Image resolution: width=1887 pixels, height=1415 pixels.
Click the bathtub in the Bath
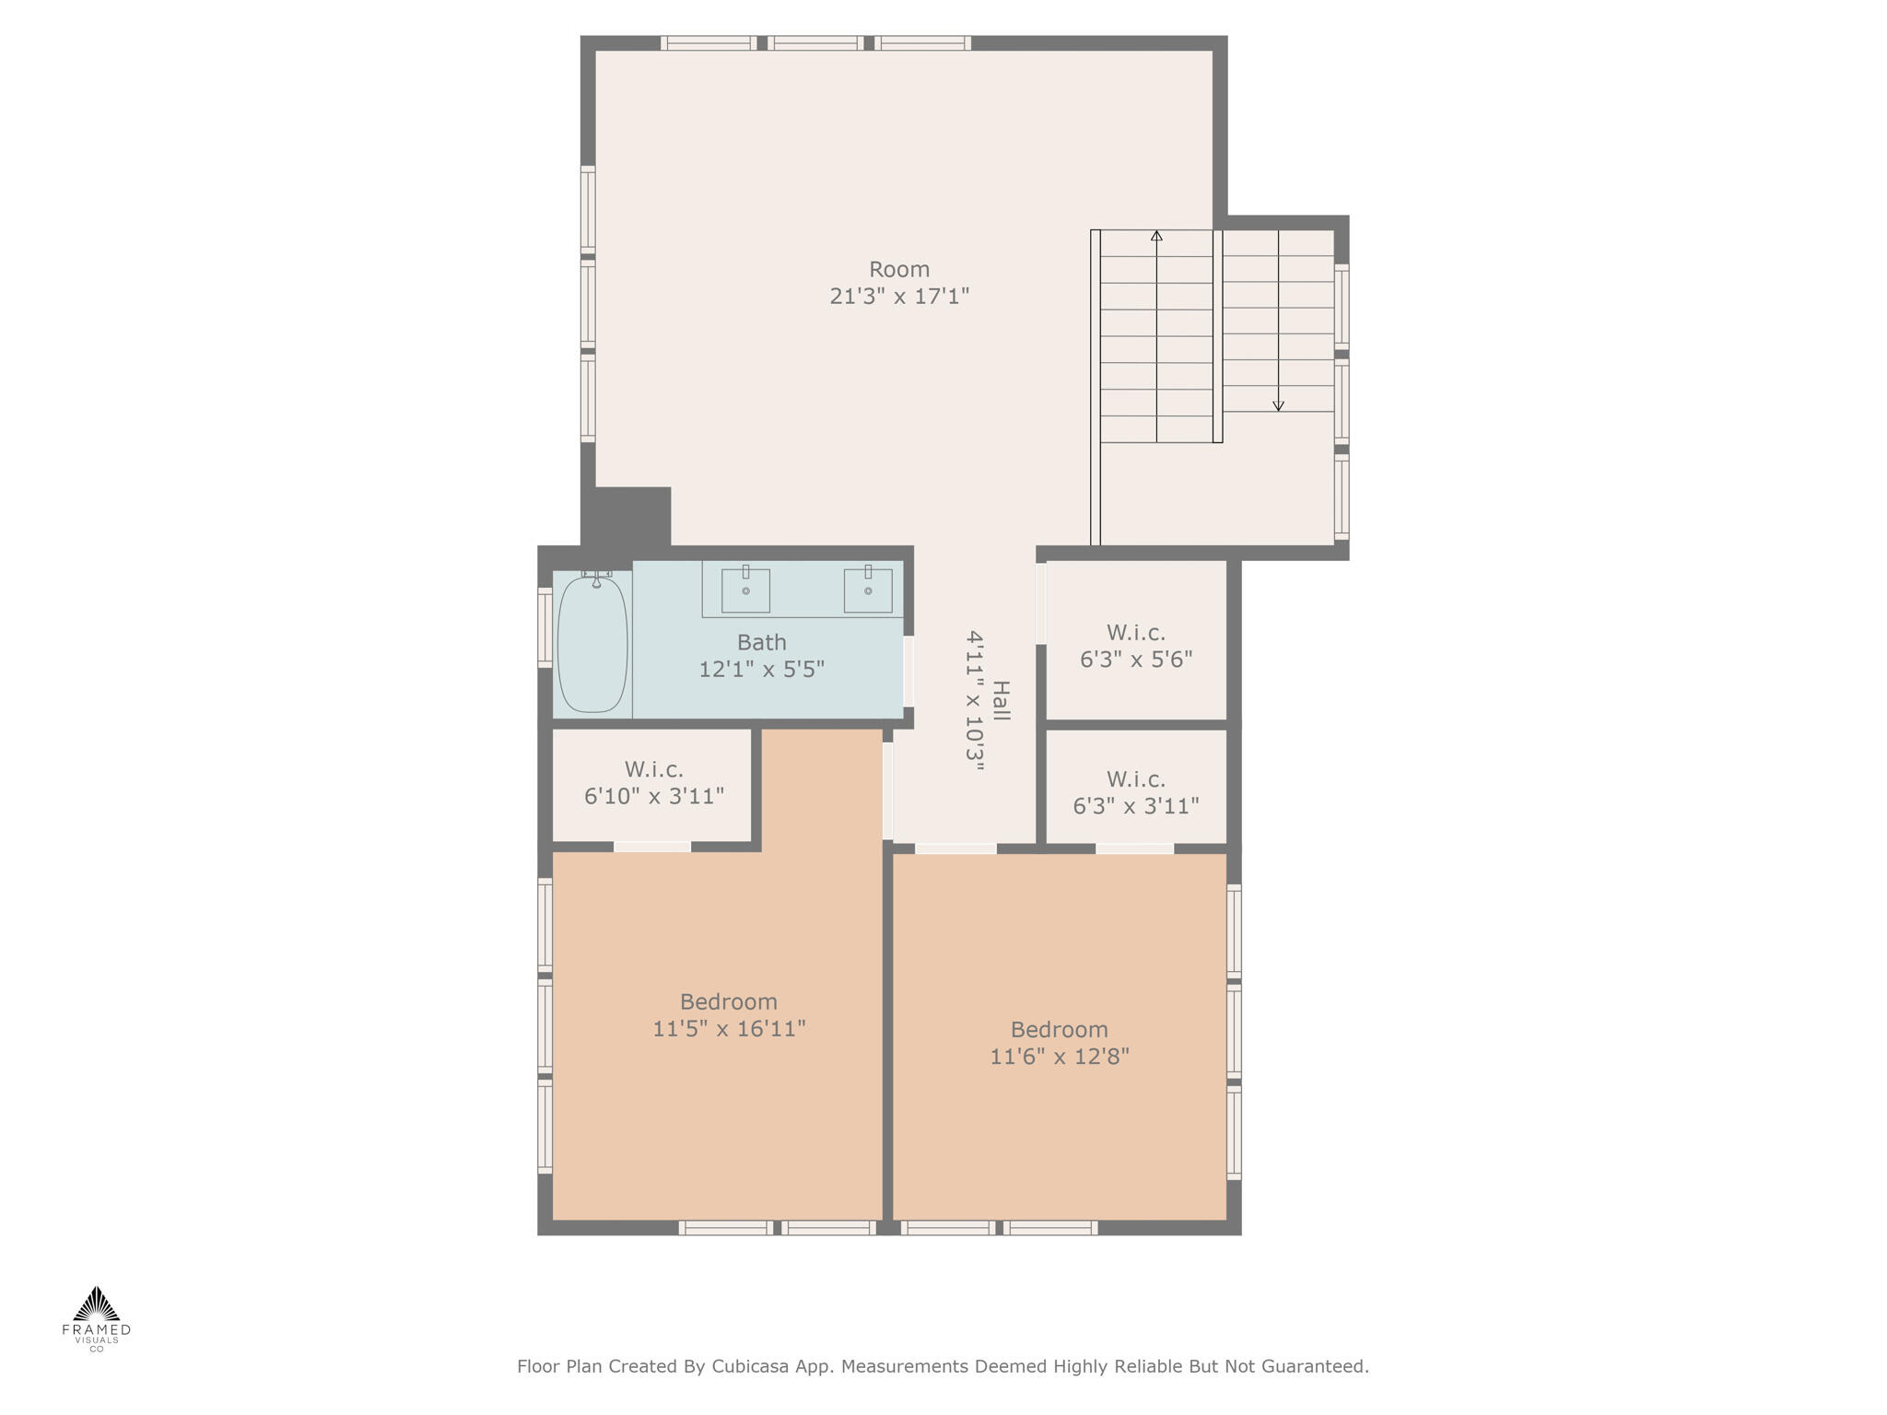(592, 644)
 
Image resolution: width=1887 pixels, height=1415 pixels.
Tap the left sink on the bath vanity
(745, 591)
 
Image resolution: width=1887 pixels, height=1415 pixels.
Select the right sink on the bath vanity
(868, 591)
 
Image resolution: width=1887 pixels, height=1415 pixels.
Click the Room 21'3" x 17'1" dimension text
(899, 297)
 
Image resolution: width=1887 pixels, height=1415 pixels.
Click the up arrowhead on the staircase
(1156, 236)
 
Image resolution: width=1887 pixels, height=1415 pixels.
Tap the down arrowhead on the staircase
(1278, 406)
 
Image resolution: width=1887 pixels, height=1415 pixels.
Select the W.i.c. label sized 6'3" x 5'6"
(1135, 633)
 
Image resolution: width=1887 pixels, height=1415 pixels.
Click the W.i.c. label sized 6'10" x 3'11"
(653, 769)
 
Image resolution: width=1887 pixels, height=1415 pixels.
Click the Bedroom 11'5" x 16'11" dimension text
(729, 1029)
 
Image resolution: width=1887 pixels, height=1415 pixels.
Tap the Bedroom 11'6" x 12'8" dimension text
(1059, 1057)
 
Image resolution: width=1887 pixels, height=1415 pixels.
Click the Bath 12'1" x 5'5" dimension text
(761, 670)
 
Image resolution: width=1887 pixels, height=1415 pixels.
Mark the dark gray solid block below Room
(627, 517)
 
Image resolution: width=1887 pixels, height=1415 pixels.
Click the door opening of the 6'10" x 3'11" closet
(652, 847)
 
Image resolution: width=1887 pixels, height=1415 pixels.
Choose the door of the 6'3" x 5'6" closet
(1041, 603)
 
